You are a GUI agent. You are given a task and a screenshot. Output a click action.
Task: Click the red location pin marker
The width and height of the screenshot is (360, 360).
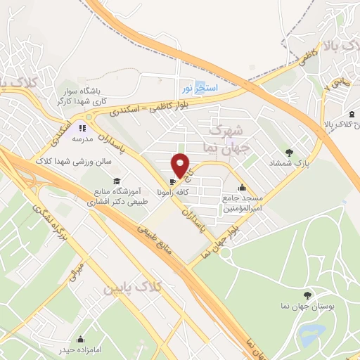[x=181, y=165]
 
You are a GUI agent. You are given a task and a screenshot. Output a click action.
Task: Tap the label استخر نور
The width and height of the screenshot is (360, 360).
[x=200, y=89]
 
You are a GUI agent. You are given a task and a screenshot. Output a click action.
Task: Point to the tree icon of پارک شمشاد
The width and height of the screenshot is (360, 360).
[x=288, y=152]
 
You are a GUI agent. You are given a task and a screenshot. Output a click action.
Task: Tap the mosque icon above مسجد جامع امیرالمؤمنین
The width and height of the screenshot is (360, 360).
[x=242, y=187]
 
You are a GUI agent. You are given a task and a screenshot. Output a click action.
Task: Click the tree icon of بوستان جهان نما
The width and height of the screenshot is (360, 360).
[x=307, y=294]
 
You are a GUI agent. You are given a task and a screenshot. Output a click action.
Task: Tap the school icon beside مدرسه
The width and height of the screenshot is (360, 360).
[x=82, y=128]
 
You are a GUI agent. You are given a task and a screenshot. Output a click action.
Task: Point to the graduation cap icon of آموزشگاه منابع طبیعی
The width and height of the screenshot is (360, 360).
[x=116, y=181]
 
